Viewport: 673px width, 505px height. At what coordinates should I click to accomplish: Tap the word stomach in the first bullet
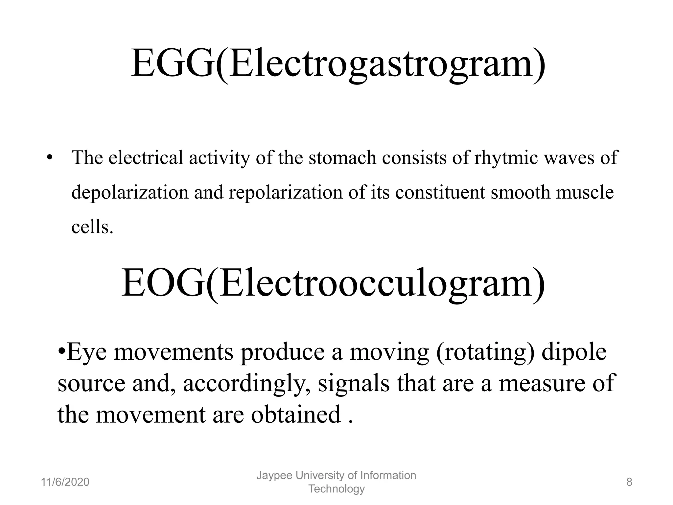[x=342, y=158]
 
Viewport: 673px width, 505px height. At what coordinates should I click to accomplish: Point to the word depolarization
[x=130, y=192]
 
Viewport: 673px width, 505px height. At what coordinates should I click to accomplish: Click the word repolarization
[x=286, y=192]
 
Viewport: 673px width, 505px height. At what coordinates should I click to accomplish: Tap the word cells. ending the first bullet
[x=92, y=227]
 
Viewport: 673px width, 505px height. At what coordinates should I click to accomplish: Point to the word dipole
[x=574, y=352]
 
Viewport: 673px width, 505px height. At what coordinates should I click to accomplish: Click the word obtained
[x=296, y=415]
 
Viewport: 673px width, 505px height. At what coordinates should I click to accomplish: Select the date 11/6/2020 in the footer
[x=65, y=482]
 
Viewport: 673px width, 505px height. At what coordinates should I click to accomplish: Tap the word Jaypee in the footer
[x=273, y=475]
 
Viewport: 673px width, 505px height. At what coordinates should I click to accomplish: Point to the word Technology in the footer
[x=336, y=489]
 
